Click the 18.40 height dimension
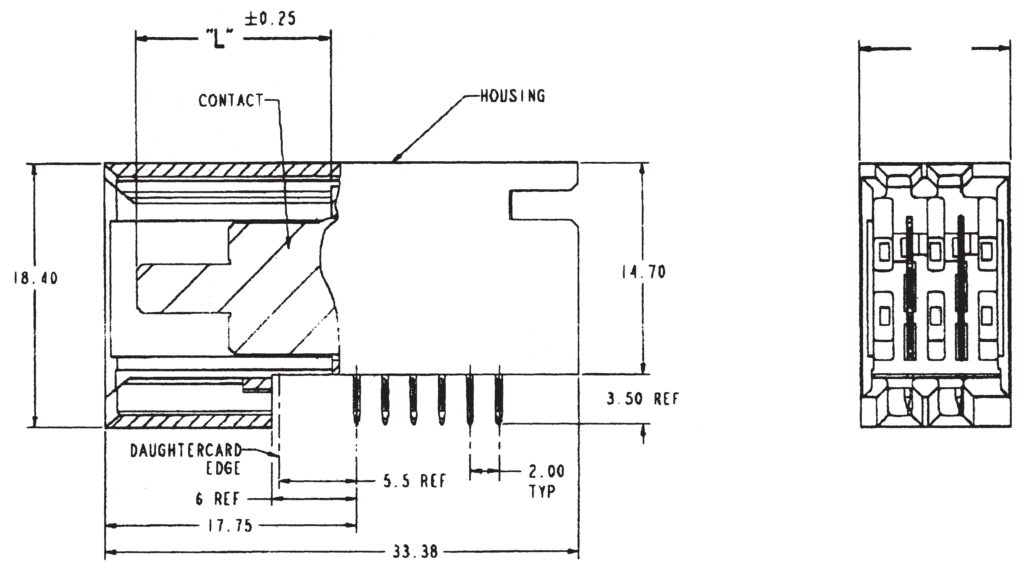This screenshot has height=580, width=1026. pos(35,278)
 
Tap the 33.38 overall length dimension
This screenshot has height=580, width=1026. pos(415,552)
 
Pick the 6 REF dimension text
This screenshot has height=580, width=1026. pos(218,499)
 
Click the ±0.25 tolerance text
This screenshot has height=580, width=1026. pos(270,19)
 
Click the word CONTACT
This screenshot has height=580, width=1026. pos(231,100)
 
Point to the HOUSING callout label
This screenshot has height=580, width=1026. pos(513,96)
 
